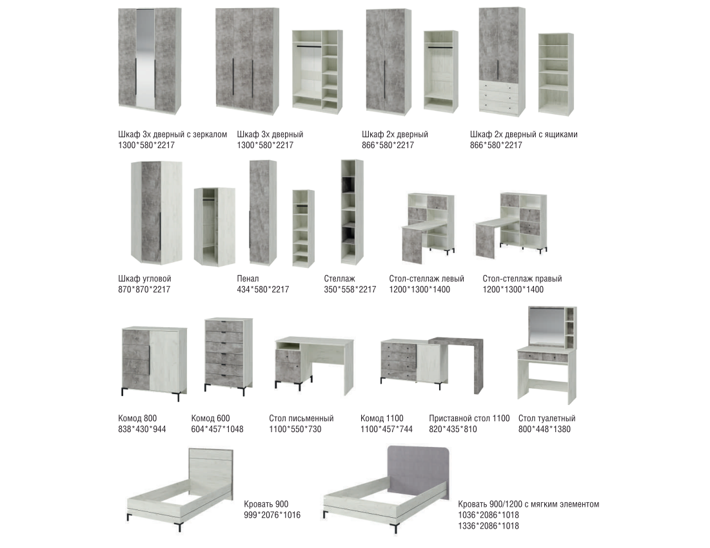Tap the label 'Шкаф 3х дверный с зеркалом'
pyautogui.click(x=173, y=135)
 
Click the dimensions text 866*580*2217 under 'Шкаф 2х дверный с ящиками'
pyautogui.click(x=496, y=145)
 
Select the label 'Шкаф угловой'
pyautogui.click(x=144, y=279)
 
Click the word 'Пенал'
pyautogui.click(x=248, y=279)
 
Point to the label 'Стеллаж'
pyautogui.click(x=339, y=279)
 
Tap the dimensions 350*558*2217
pyautogui.click(x=350, y=289)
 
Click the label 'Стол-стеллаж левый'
pyautogui.click(x=426, y=279)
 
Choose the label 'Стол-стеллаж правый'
pyautogui.click(x=522, y=279)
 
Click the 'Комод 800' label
pyautogui.click(x=137, y=418)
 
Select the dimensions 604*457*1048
pyautogui.click(x=217, y=429)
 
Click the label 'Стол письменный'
pyautogui.click(x=301, y=418)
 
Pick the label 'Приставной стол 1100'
pyautogui.click(x=469, y=418)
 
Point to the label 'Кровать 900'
pyautogui.click(x=266, y=504)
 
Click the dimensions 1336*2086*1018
pyautogui.click(x=488, y=526)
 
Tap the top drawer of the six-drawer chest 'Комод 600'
pyautogui.click(x=224, y=326)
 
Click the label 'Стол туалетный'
pyautogui.click(x=547, y=418)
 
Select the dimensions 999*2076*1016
pyautogui.click(x=271, y=515)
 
